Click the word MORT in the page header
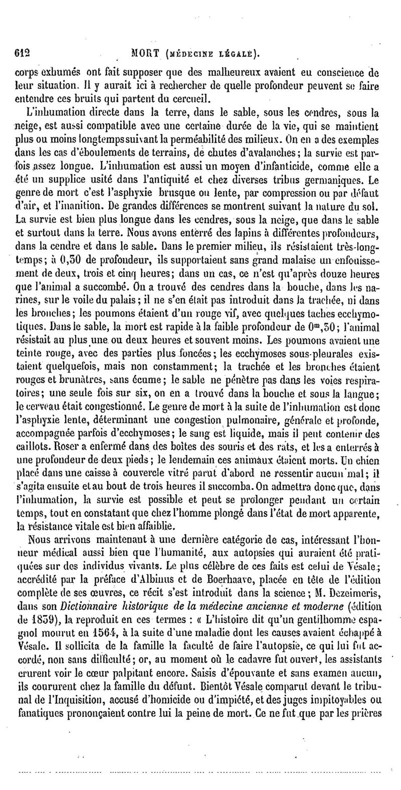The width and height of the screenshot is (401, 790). pyautogui.click(x=144, y=52)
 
